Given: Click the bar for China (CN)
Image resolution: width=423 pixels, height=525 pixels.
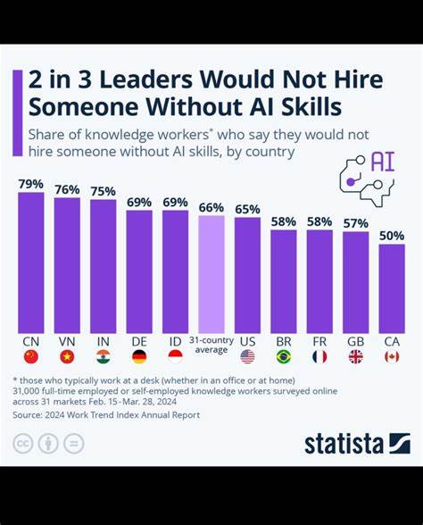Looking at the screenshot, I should [x=31, y=262].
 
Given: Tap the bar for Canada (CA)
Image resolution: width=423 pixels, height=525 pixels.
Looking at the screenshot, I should [x=391, y=288].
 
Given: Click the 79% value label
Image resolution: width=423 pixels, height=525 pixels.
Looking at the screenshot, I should [x=31, y=184].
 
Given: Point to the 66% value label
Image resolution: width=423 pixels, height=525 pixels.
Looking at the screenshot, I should [x=211, y=207].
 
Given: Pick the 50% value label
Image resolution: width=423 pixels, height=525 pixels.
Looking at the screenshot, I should [x=391, y=236].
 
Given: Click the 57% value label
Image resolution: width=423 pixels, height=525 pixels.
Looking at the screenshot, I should [x=355, y=223].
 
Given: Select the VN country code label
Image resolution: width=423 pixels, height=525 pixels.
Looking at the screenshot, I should [x=67, y=341].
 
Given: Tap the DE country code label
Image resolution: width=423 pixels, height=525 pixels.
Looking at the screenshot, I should [x=139, y=341].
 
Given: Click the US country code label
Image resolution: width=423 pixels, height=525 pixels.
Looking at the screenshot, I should [x=247, y=341].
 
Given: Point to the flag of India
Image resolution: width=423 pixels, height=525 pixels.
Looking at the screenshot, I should [x=104, y=357].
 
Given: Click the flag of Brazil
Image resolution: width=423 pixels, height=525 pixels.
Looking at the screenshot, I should [x=284, y=357].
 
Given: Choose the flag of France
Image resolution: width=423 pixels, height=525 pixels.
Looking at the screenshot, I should [x=319, y=357].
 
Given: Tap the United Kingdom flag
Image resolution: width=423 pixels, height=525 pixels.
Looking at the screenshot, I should [x=355, y=357].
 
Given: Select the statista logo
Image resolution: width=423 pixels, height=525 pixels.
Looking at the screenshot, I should [x=357, y=443].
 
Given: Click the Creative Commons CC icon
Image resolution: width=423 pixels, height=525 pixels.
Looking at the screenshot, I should [x=23, y=443].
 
